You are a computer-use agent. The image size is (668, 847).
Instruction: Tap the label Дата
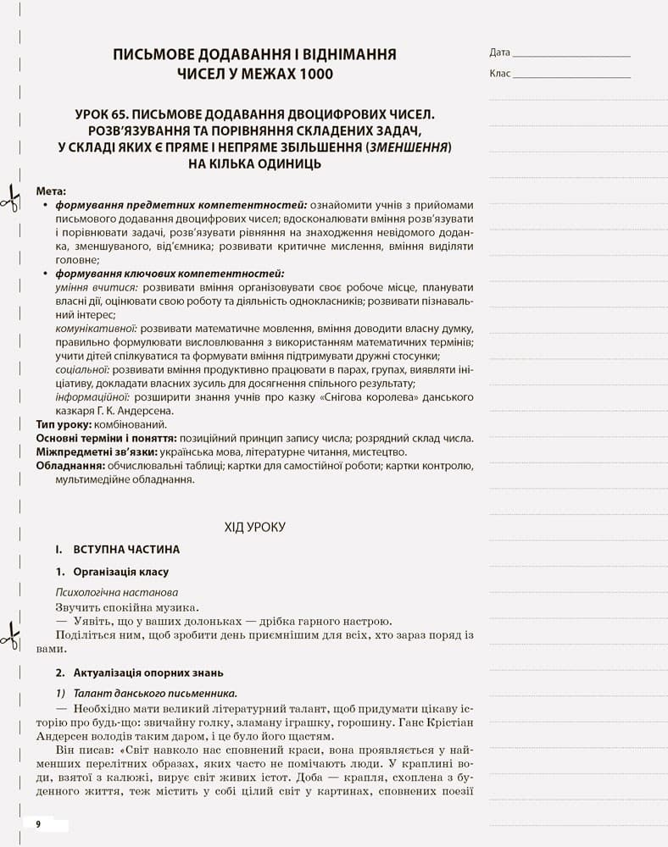point(500,53)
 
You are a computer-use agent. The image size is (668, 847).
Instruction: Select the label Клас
point(500,74)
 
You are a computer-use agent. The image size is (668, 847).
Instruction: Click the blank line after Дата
point(572,55)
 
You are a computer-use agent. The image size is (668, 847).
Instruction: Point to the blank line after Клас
point(572,76)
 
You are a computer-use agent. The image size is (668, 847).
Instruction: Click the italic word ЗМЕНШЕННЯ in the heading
point(406,147)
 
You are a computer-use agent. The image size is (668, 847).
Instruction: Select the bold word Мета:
point(51,191)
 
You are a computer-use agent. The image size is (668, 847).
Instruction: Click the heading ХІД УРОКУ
point(254,527)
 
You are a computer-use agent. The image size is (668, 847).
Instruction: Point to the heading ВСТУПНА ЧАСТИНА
point(126,549)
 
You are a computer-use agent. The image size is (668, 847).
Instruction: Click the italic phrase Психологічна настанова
point(117,592)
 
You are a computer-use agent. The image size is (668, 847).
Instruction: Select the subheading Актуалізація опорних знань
point(148,673)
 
